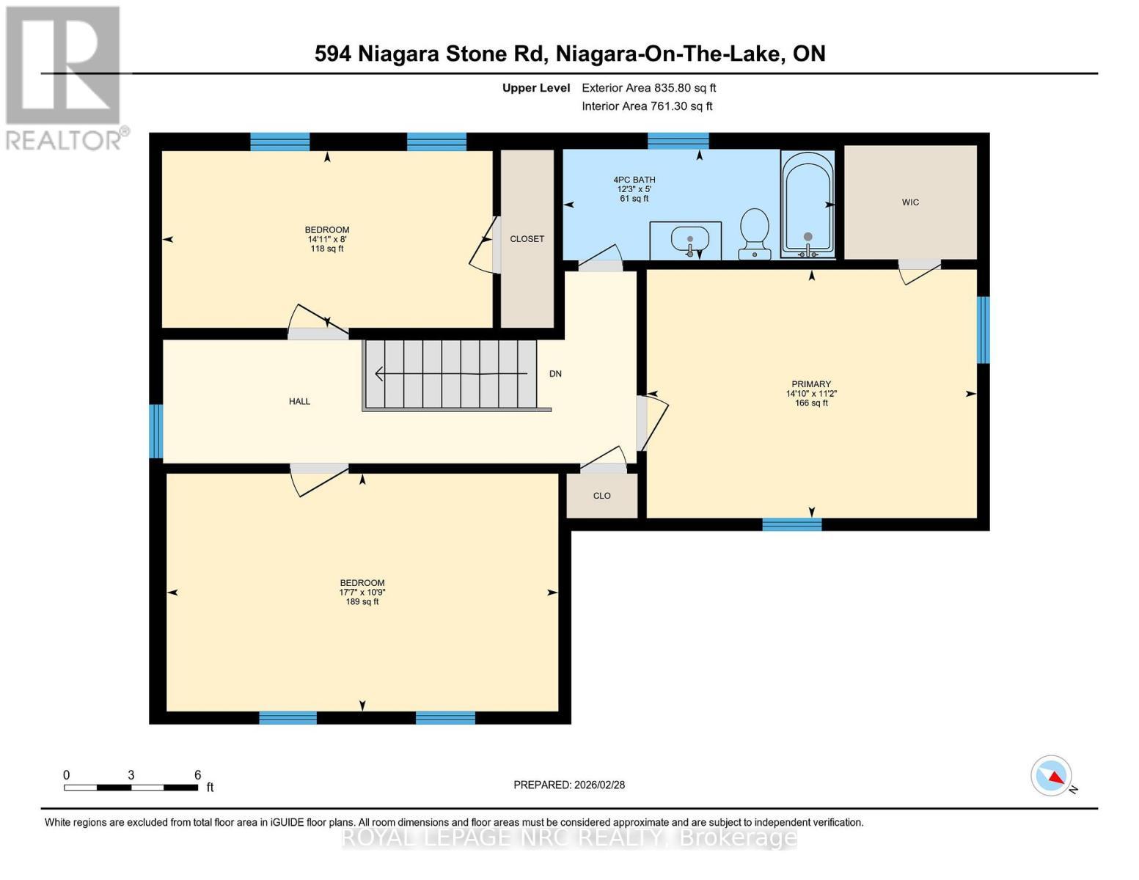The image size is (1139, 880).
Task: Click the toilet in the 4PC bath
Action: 754,233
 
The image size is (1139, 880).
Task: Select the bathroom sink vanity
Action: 686,240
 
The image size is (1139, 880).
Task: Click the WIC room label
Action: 910,202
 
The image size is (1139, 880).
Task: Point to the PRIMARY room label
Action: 811,384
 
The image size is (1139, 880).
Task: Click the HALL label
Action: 299,401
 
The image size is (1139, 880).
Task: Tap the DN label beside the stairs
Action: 555,374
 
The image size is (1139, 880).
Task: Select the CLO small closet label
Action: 601,496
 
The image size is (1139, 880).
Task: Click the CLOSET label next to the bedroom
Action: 527,239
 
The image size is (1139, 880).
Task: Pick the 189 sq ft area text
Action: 362,602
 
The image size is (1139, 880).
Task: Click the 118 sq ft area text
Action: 327,249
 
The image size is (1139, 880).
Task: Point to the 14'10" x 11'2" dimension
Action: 811,394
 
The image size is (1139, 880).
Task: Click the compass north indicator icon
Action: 1052,776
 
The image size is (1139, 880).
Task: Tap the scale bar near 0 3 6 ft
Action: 131,788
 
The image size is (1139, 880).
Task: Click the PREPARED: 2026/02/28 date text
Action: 569,785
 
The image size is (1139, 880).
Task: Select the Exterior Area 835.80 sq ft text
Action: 648,88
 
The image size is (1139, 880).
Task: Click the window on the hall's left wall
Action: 155,431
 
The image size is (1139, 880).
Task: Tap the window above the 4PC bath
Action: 678,141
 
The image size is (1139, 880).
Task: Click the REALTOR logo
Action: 65,77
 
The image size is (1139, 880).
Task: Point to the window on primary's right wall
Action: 983,330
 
